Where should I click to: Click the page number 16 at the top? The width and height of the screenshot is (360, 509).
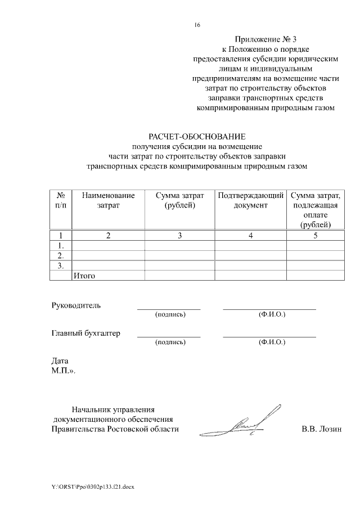[197, 25]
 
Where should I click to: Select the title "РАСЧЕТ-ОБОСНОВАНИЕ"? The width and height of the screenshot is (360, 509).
[197, 137]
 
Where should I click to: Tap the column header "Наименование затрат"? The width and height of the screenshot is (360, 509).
[108, 201]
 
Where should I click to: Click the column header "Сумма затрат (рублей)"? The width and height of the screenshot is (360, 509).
[179, 201]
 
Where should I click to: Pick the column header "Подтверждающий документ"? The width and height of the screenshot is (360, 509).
[250, 201]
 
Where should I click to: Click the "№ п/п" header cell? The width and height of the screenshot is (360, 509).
[61, 201]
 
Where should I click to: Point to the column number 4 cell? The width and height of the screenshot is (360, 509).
[250, 236]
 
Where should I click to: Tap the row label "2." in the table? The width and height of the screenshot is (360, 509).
[61, 255]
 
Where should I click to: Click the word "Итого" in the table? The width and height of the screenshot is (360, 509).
[84, 276]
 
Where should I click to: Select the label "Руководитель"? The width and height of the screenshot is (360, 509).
[76, 305]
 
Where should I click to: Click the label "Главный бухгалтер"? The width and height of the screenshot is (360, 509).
[85, 333]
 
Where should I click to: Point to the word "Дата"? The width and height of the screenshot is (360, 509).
[60, 361]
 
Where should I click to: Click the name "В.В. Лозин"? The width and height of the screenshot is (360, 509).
[322, 430]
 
